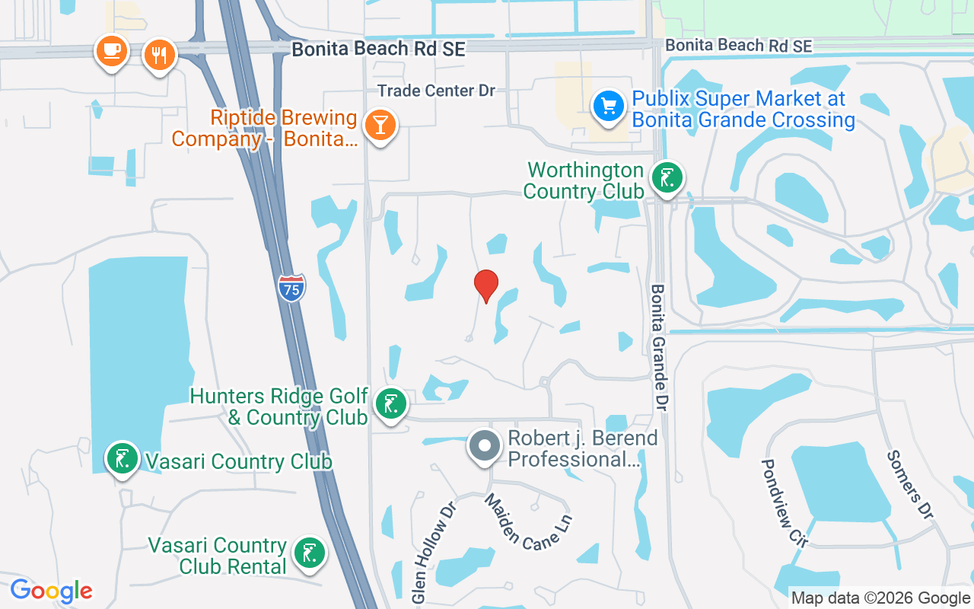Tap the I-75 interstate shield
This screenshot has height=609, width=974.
291,288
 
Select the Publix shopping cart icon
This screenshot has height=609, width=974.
608,106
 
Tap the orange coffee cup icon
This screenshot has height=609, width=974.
111,51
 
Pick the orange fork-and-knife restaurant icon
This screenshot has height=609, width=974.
160,55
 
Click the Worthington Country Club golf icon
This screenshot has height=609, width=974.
667,178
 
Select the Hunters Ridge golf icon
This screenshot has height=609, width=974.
391,404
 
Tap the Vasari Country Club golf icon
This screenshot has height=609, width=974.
122,458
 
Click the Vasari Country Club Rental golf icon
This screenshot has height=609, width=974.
309,553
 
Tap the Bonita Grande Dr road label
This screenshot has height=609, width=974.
659,348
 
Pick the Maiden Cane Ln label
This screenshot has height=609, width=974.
528,521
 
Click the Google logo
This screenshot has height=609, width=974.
51,591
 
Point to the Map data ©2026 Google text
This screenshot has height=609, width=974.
880,598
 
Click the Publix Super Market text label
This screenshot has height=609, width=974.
743,110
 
